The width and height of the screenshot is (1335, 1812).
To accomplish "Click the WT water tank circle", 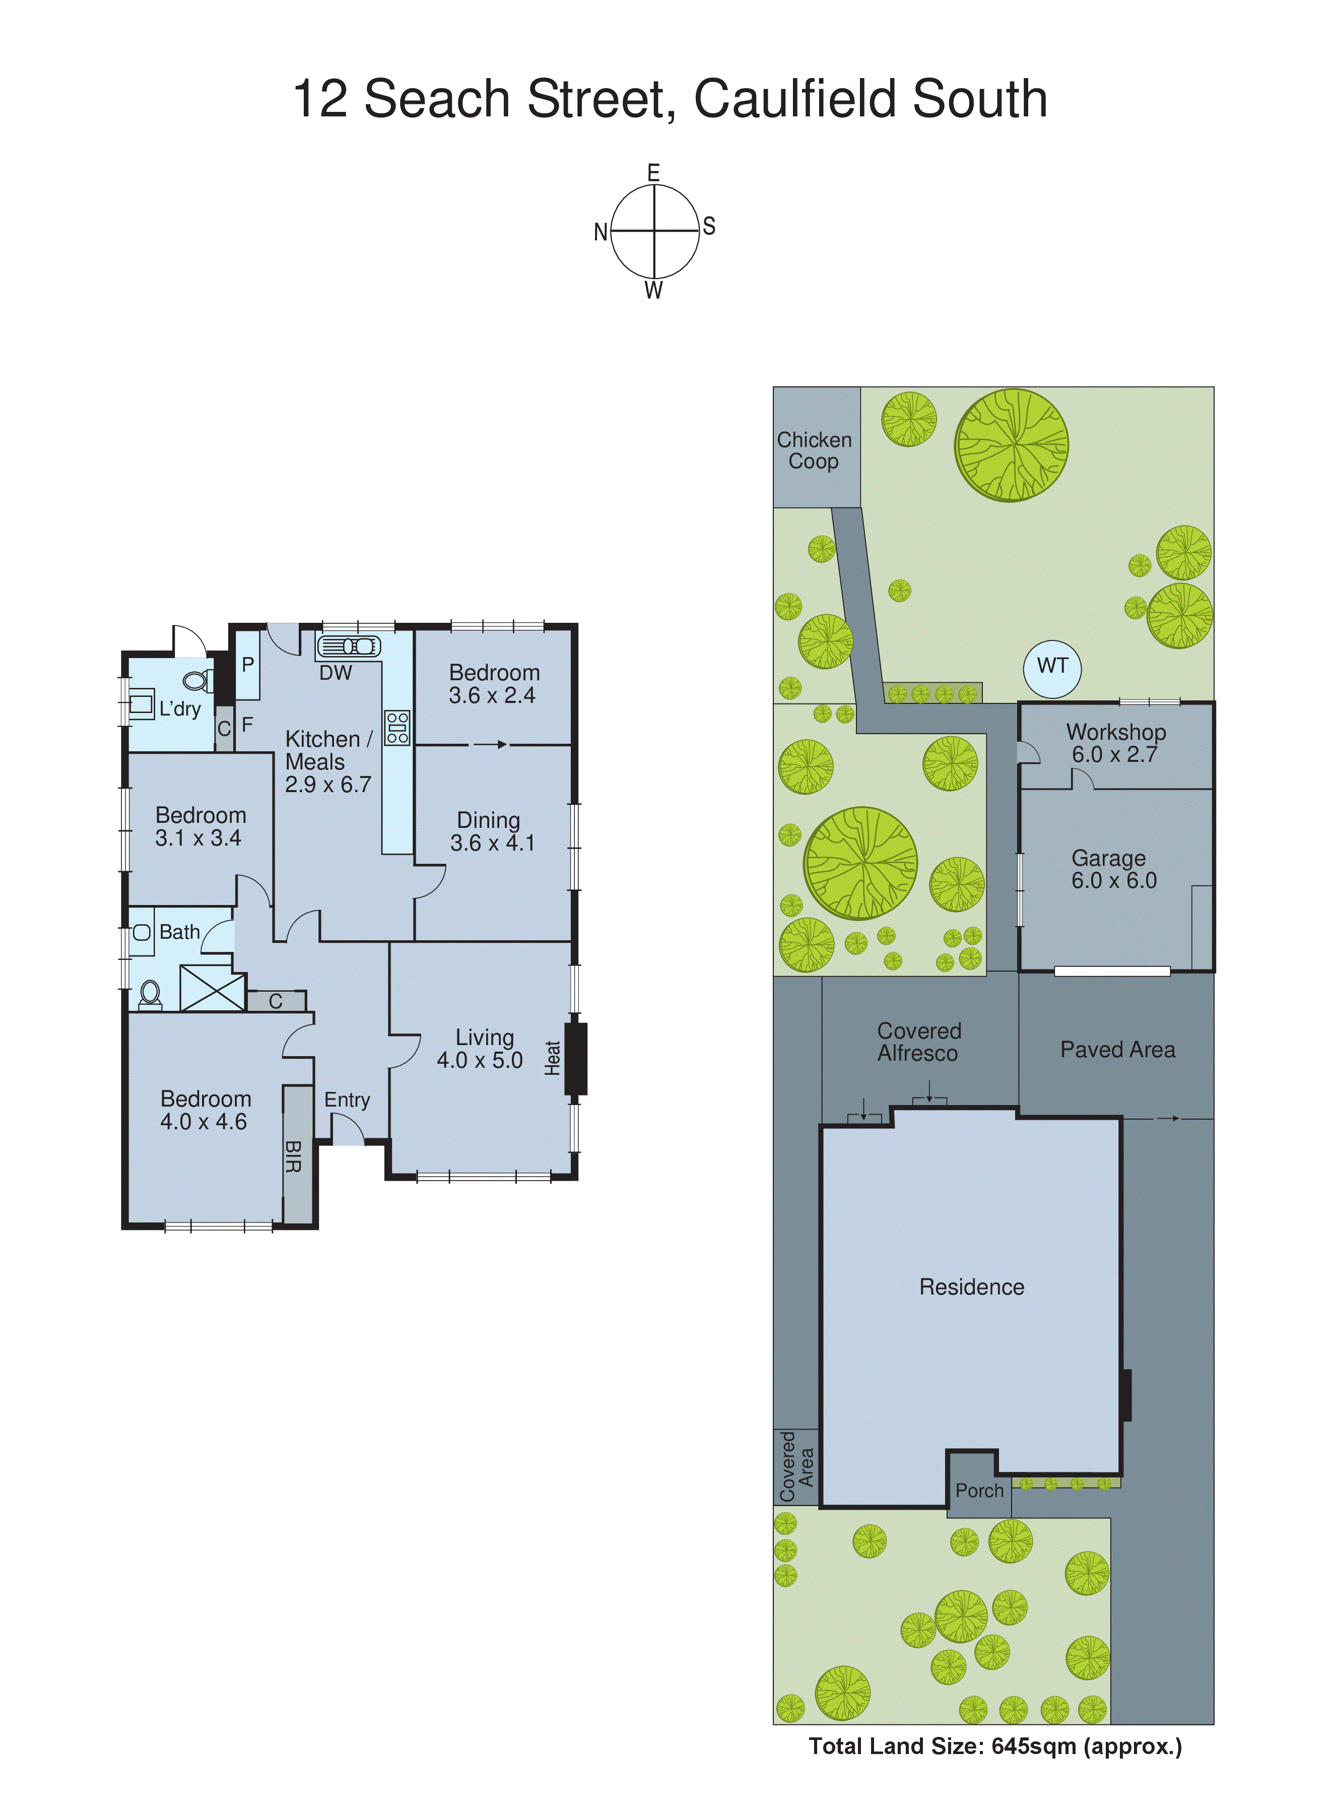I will point(1052,668).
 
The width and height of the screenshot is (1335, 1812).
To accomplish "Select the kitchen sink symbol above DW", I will point(348,646).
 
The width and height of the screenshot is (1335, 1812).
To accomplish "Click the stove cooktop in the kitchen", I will point(397,727).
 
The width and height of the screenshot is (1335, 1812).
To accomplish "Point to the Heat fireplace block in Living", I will point(575,1059).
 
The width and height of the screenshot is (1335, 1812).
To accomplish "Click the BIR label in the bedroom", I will point(293,1156).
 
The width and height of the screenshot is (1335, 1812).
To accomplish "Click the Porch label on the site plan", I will point(979,1491).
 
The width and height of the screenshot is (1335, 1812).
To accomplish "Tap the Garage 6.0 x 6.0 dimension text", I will point(1113,881).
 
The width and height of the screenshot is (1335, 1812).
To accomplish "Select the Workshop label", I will point(1115,732).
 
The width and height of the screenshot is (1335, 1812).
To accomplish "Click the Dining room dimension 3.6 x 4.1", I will point(492,843).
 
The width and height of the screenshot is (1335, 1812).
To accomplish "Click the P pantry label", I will point(248,664).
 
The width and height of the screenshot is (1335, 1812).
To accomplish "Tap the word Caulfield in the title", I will point(796,99).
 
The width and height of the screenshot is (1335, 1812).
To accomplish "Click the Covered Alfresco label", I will point(919,1042).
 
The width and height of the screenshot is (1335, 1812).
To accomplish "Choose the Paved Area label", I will point(1117,1050).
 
